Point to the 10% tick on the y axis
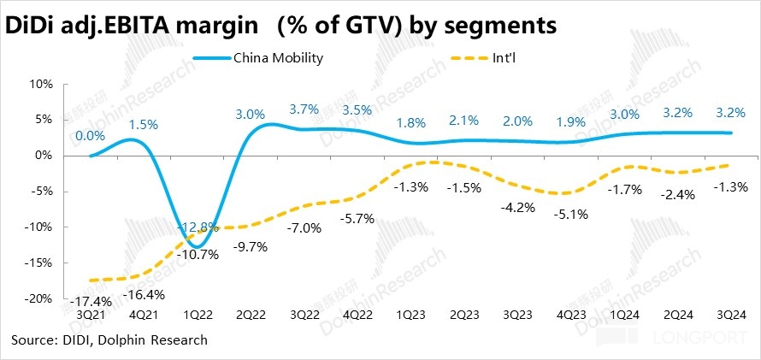42,84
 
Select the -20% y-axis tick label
40,299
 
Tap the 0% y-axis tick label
44,156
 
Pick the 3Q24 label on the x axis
731,315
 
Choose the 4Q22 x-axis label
357,315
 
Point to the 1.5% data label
144,124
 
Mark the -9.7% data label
251,246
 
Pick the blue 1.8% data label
410,122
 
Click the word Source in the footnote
33,340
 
